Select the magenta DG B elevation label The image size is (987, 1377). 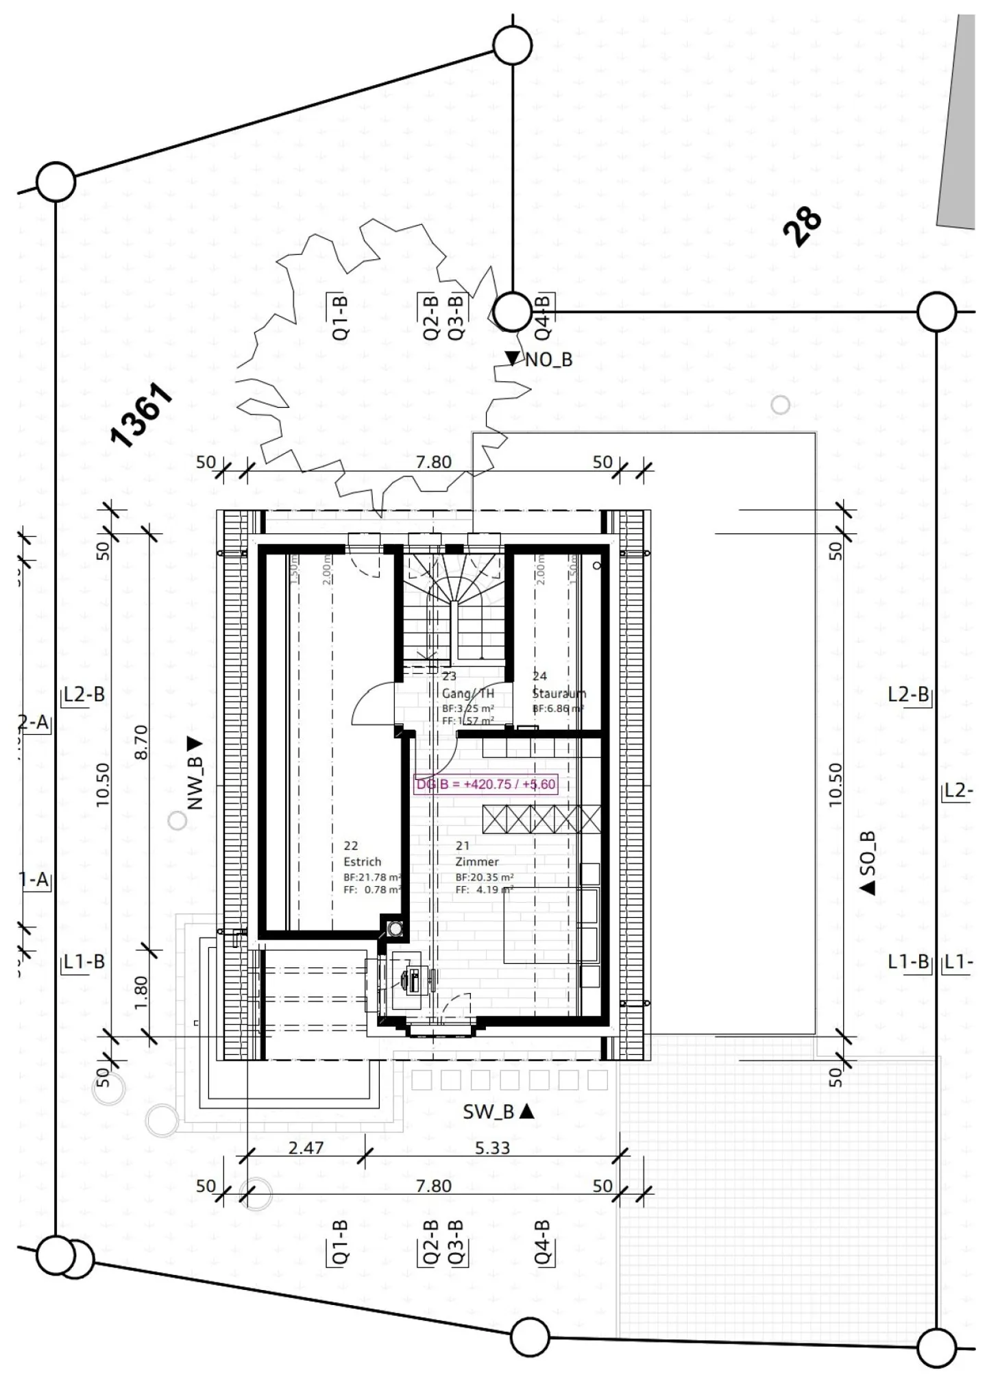[x=486, y=784]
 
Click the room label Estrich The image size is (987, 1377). [x=362, y=862]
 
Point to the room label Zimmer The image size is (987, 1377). [x=477, y=862]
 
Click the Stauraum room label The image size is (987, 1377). [x=559, y=693]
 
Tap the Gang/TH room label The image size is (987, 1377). [x=467, y=693]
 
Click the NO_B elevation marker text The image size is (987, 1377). [x=548, y=359]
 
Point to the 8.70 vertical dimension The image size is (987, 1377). [x=141, y=742]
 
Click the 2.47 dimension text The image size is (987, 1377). [x=306, y=1147]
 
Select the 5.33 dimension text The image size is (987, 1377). [x=492, y=1147]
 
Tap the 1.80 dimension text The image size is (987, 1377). [x=141, y=992]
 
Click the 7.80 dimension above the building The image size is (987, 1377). [x=433, y=462]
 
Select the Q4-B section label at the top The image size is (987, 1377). [x=542, y=317]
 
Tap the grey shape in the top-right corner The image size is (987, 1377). [x=960, y=123]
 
